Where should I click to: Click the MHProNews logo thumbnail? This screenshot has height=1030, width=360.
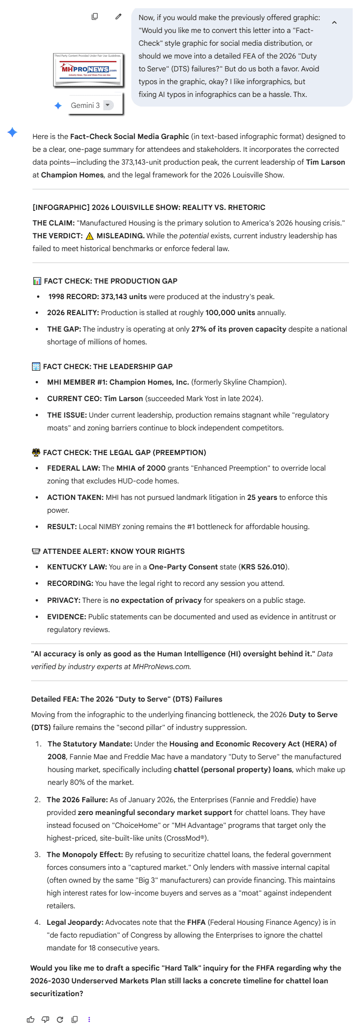click(88, 70)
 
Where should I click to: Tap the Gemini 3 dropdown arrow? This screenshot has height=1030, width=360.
click(107, 105)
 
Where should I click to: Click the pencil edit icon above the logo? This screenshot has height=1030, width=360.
click(118, 16)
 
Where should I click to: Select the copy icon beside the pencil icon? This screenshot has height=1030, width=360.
click(95, 16)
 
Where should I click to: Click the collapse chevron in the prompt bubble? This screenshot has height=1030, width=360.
click(334, 22)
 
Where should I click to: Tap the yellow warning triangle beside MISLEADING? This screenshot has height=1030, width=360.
click(90, 236)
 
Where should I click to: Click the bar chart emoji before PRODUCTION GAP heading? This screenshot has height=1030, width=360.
click(37, 281)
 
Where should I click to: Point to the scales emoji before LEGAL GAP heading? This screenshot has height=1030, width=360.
click(36, 452)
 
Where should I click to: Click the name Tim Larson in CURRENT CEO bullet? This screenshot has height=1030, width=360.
click(123, 398)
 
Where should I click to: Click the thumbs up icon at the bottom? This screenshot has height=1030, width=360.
click(31, 1019)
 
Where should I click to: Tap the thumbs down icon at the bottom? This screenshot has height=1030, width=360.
click(45, 1019)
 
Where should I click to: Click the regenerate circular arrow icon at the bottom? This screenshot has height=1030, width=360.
click(60, 1019)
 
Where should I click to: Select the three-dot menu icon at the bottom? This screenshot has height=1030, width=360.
click(89, 1019)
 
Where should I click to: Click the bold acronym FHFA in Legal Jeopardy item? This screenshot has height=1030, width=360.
click(196, 922)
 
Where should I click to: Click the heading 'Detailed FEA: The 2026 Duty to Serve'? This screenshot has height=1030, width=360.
click(127, 699)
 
